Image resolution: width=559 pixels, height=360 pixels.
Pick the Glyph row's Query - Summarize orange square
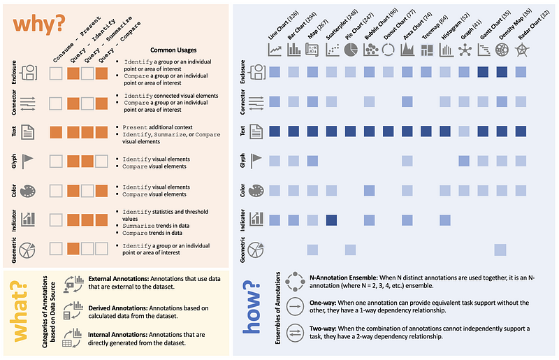pyautogui.click(x=87, y=161)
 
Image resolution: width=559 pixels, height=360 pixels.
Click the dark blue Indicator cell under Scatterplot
pyautogui.click(x=331, y=219)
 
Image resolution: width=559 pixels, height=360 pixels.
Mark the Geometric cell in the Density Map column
pyautogui.click(x=501, y=250)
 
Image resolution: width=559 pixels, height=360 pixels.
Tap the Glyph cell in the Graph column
pyautogui.click(x=464, y=161)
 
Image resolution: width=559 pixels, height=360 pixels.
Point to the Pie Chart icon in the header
pyautogui.click(x=351, y=50)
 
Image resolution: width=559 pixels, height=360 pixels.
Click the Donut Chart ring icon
pyautogui.click(x=388, y=50)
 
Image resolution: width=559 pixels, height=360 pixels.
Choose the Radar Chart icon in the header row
pyautogui.click(x=521, y=50)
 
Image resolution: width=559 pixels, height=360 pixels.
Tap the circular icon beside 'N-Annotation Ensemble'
pyautogui.click(x=293, y=282)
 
